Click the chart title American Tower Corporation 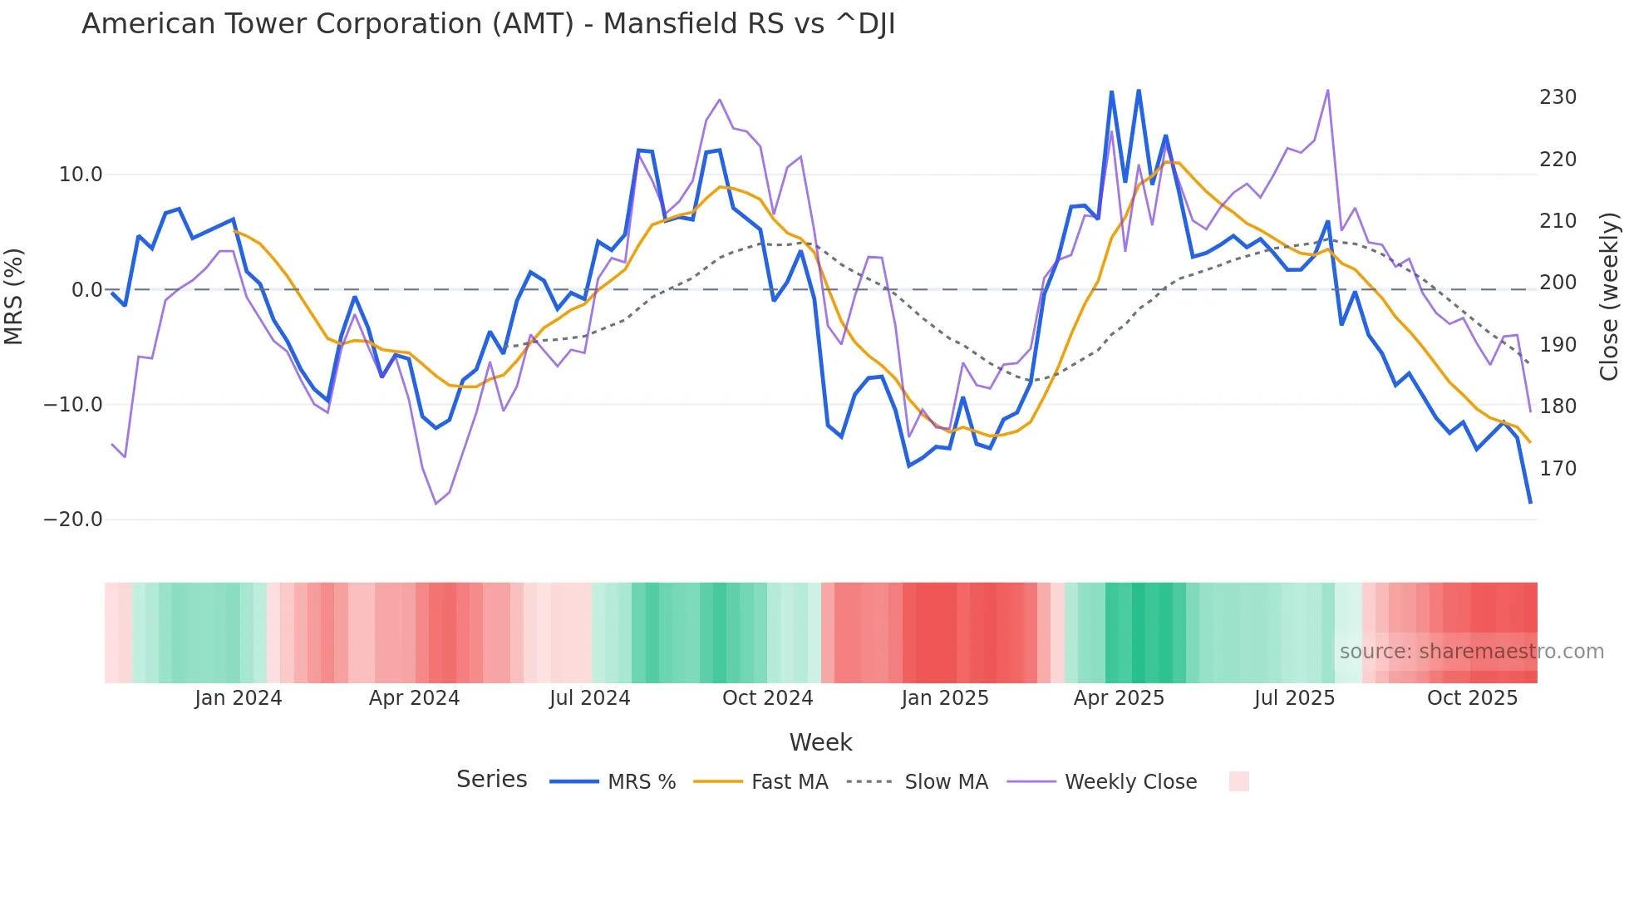(488, 24)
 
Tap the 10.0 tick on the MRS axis (81, 175)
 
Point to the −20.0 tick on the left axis (73, 520)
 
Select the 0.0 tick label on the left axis (86, 290)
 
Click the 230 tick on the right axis (1558, 97)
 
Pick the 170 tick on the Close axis (1558, 469)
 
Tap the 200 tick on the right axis (1558, 283)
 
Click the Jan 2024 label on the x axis (239, 698)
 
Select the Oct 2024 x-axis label (767, 698)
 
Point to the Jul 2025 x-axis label (1294, 698)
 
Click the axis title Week (820, 742)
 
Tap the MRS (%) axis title (14, 296)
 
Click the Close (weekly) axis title (1609, 296)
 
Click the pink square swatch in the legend (1238, 781)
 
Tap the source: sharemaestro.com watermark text (1471, 652)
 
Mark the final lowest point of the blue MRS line (1530, 502)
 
